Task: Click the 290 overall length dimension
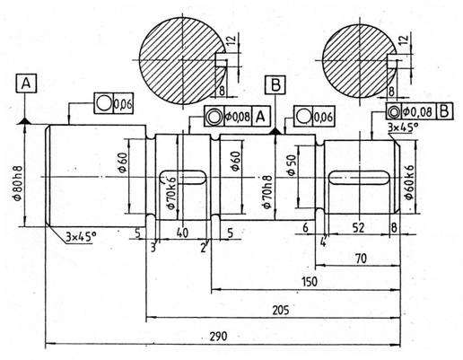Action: pyautogui.click(x=218, y=336)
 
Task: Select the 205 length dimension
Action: pyautogui.click(x=281, y=310)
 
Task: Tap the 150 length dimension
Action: pyautogui.click(x=310, y=282)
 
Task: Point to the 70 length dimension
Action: pyautogui.click(x=362, y=259)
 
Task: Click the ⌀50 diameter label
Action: pyautogui.click(x=291, y=165)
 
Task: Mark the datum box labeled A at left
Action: pyautogui.click(x=26, y=83)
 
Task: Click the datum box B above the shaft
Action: pyautogui.click(x=275, y=84)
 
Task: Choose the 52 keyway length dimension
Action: pyautogui.click(x=358, y=228)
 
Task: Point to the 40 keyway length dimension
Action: pyautogui.click(x=183, y=233)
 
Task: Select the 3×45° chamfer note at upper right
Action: pyautogui.click(x=403, y=127)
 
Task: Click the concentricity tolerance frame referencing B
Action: pyautogui.click(x=419, y=111)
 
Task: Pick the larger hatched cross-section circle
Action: pyautogui.click(x=182, y=61)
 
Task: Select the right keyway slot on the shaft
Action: pyautogui.click(x=358, y=178)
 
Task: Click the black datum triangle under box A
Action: pyautogui.click(x=25, y=121)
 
